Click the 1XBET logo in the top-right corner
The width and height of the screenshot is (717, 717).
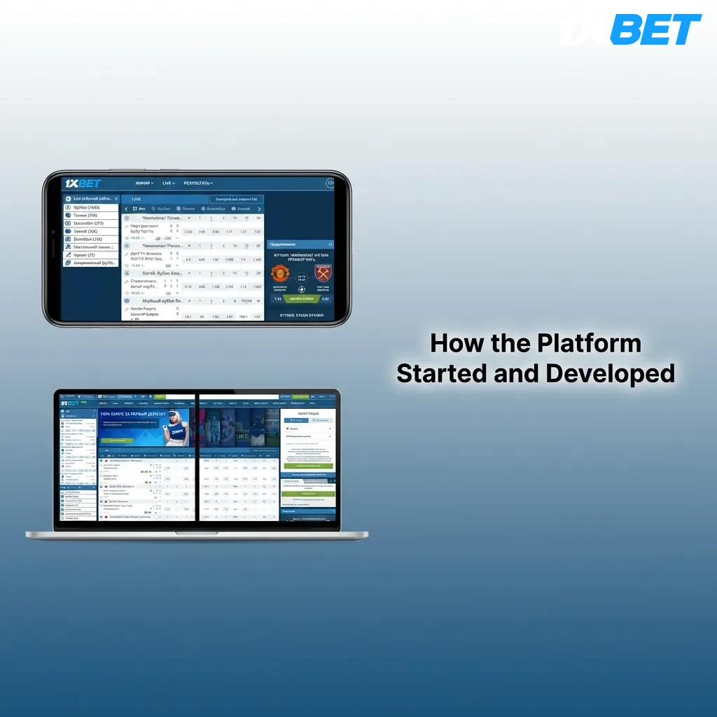632,29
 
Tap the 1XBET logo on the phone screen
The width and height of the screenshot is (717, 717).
83,183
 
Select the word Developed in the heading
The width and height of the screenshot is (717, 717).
611,373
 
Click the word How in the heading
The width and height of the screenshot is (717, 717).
454,343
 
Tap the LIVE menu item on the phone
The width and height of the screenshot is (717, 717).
167,183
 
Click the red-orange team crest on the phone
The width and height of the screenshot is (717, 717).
281,273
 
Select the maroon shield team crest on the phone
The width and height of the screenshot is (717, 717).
322,273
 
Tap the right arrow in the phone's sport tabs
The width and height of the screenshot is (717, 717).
259,209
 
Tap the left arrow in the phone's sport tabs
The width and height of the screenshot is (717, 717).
126,209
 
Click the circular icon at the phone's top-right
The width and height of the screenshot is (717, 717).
330,183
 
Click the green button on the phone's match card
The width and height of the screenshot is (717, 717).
300,298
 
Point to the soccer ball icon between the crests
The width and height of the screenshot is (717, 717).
301,288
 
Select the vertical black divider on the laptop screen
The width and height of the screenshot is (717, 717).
197,457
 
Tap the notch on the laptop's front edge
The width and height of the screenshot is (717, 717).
197,533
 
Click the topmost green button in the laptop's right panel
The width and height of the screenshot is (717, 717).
308,466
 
